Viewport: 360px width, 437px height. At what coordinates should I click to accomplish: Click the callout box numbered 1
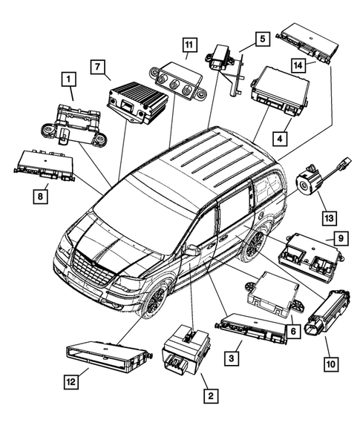click(x=68, y=78)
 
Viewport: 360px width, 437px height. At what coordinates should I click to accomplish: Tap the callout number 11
click(x=189, y=45)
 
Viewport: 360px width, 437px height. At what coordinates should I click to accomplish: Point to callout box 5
click(x=262, y=38)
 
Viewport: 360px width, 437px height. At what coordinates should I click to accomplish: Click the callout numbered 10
click(x=330, y=364)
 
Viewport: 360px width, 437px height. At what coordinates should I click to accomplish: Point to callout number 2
click(x=211, y=397)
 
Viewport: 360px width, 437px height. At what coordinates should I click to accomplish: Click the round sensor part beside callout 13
click(x=307, y=180)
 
